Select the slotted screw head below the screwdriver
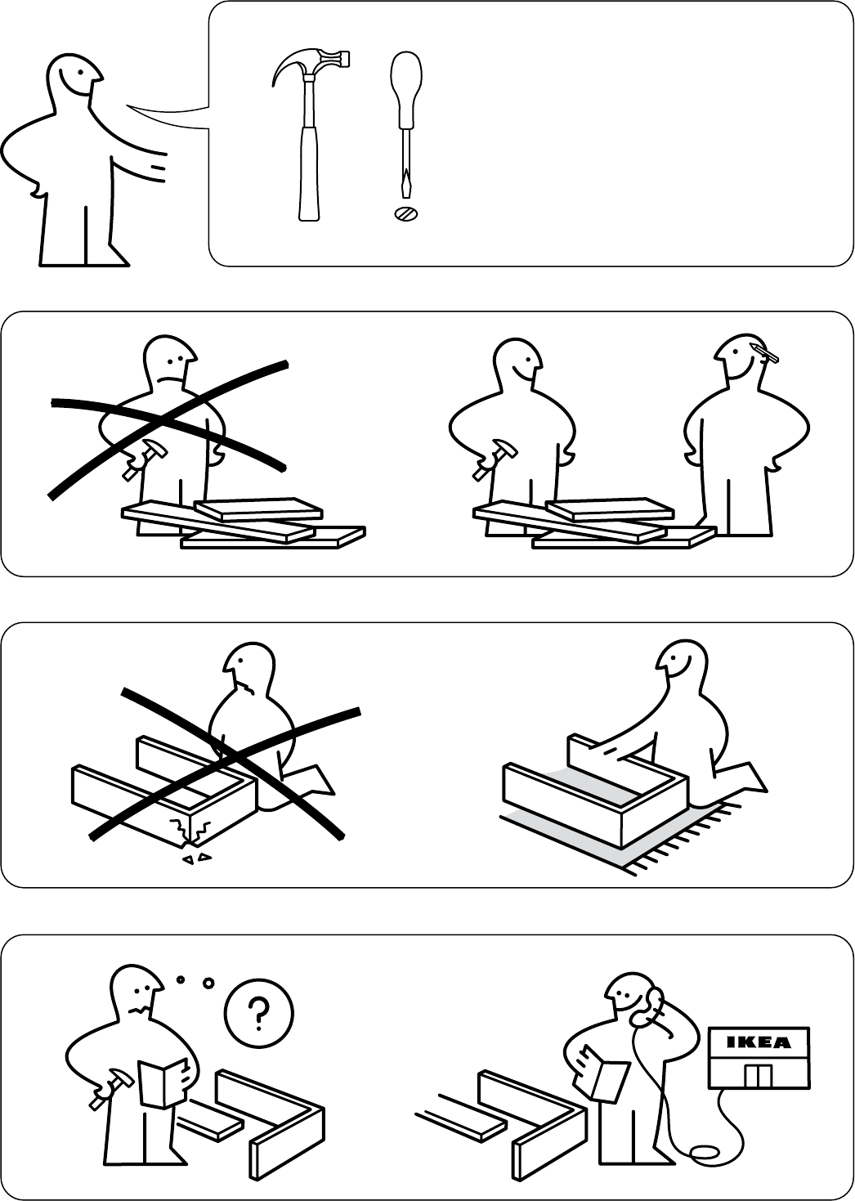tap(406, 214)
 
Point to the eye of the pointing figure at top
tap(80, 72)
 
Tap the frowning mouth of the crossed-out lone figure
tap(170, 379)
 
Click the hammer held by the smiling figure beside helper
tap(495, 460)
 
